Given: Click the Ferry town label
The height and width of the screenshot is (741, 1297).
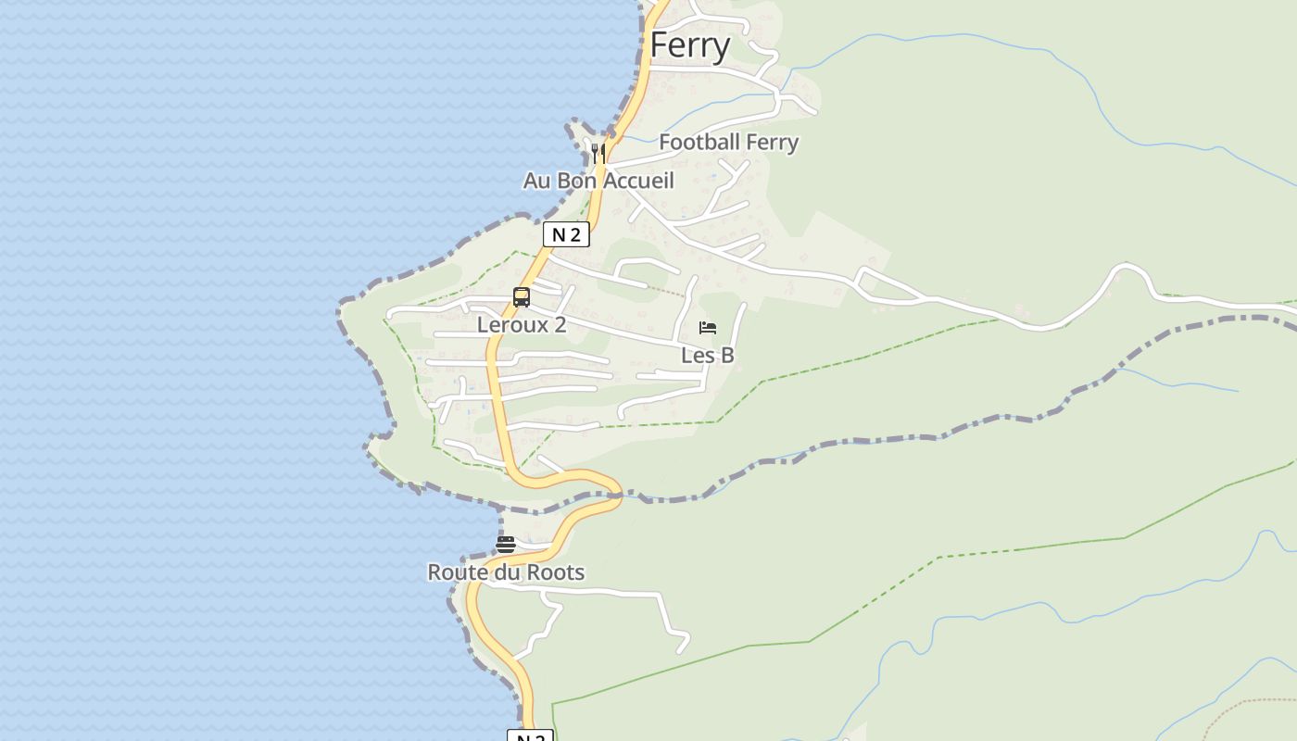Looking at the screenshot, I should click(x=690, y=45).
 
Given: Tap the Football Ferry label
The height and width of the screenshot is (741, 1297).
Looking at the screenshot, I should click(x=728, y=143).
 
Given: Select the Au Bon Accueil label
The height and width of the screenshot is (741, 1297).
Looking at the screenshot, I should click(x=598, y=181).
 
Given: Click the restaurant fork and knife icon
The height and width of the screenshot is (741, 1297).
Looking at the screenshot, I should click(x=598, y=153).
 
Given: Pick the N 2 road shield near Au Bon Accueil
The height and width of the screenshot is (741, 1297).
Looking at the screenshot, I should click(x=566, y=234).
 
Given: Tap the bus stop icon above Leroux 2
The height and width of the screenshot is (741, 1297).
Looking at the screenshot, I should click(x=522, y=297).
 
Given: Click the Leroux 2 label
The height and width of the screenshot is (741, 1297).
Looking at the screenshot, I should click(x=521, y=325).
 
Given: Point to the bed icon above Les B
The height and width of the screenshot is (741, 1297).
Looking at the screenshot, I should click(x=708, y=328).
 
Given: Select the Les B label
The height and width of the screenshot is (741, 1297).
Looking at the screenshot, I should click(x=708, y=356).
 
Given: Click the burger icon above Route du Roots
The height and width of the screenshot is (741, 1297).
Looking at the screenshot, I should click(x=506, y=545).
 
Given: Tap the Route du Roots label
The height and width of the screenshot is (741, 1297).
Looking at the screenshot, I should click(x=506, y=572).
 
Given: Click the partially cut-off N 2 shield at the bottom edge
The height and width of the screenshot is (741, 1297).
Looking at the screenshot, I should click(x=530, y=736).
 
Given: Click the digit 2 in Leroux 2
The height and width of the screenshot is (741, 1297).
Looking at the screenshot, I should click(x=560, y=325).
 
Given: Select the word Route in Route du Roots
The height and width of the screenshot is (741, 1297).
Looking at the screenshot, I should click(x=455, y=572).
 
